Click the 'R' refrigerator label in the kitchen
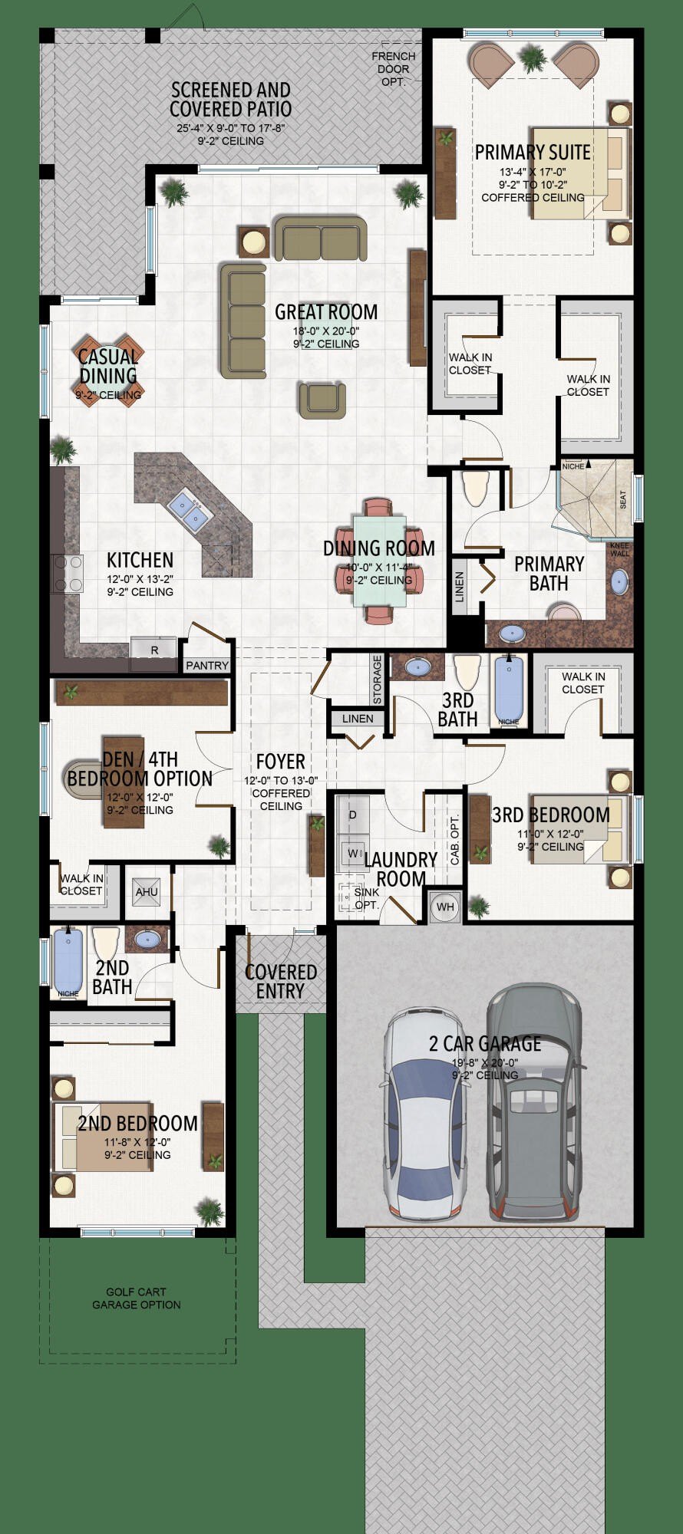tap(154, 650)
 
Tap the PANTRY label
tap(207, 665)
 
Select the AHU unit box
tap(147, 891)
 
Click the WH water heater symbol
tap(445, 907)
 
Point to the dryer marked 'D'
tap(353, 815)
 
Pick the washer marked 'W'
tap(353, 852)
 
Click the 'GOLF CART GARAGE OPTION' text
tap(137, 1298)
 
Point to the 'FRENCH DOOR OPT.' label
tap(394, 68)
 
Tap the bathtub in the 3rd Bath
tap(507, 687)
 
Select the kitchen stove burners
tap(67, 574)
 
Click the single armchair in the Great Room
tap(322, 400)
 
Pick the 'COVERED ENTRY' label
tap(281, 981)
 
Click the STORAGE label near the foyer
tap(377, 679)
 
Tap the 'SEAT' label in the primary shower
tap(622, 499)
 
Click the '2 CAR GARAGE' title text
tap(485, 1043)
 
